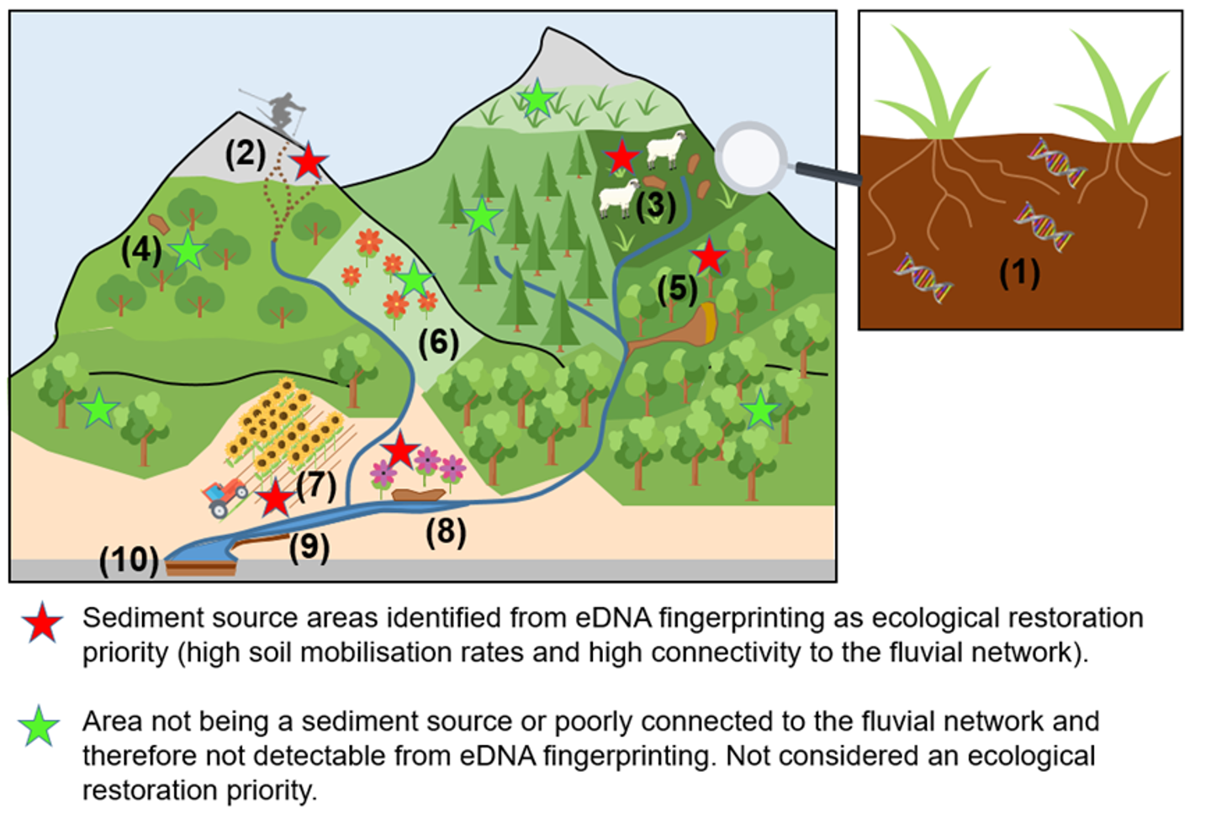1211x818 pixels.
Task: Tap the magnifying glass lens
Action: [x=752, y=158]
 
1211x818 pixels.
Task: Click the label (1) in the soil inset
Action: [x=1019, y=273]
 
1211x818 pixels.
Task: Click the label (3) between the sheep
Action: [x=656, y=206]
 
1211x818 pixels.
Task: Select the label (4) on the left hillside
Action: [x=140, y=251]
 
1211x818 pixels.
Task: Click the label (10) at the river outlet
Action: [x=129, y=560]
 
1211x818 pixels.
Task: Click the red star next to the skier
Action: [x=309, y=161]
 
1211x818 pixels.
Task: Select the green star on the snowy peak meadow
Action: [x=537, y=99]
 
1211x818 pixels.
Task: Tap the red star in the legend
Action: [x=42, y=624]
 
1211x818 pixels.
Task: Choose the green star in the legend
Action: [x=40, y=727]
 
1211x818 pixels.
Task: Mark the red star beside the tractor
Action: [x=275, y=499]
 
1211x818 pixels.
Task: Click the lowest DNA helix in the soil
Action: [x=923, y=278]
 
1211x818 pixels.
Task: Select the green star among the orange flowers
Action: [x=413, y=280]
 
